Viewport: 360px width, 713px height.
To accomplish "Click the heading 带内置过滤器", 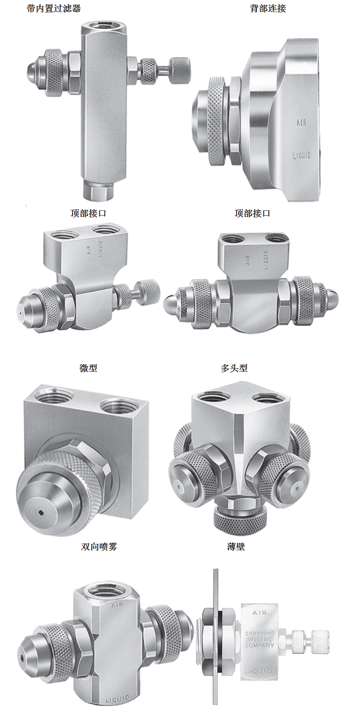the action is click(x=53, y=8).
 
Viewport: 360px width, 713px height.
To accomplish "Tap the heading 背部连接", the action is click(x=268, y=8).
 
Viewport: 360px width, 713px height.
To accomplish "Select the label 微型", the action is click(x=88, y=368).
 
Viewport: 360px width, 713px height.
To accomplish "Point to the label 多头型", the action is click(x=234, y=368).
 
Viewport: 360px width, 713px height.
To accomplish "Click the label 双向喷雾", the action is click(x=99, y=547).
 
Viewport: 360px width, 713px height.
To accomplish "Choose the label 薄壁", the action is click(x=236, y=547).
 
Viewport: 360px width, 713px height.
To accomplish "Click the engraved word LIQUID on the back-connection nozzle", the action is click(x=302, y=155).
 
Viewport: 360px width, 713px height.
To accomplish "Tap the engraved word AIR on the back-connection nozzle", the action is click(x=302, y=123).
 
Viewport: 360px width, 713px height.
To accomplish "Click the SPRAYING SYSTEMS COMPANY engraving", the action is click(x=259, y=639).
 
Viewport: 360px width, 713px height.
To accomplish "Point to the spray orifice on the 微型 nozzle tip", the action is click(x=41, y=513).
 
